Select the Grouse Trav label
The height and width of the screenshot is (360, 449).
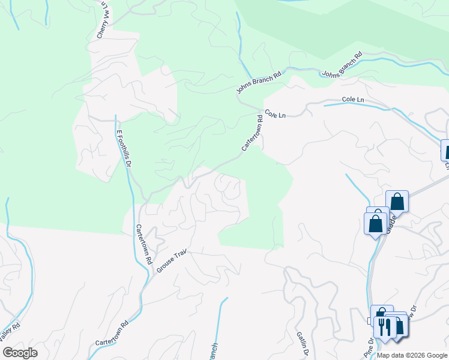[x=173, y=262]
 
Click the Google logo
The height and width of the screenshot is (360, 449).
[x=20, y=353]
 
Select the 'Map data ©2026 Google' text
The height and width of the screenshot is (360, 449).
[x=411, y=355]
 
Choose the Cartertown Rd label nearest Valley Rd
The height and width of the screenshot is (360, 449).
[x=112, y=333]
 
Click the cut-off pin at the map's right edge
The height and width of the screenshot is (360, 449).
[x=445, y=150]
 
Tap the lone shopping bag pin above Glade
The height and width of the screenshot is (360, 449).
[x=397, y=201]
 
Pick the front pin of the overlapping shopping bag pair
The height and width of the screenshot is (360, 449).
[x=375, y=223]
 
